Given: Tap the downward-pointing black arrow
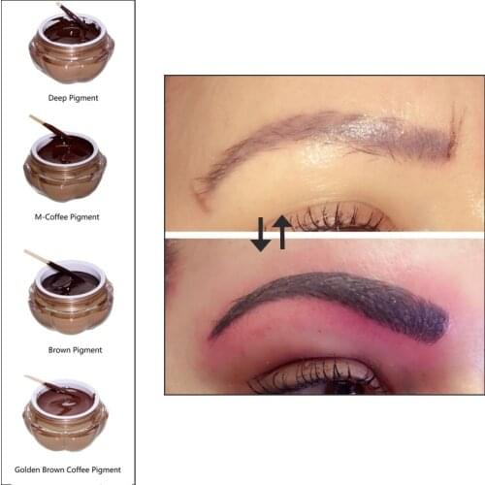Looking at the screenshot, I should [261, 235].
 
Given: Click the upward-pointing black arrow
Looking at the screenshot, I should [281, 232].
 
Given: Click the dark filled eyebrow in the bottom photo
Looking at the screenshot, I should [339, 301].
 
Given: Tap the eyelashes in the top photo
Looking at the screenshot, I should [335, 215].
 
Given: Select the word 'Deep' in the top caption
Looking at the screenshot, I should [56, 98].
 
